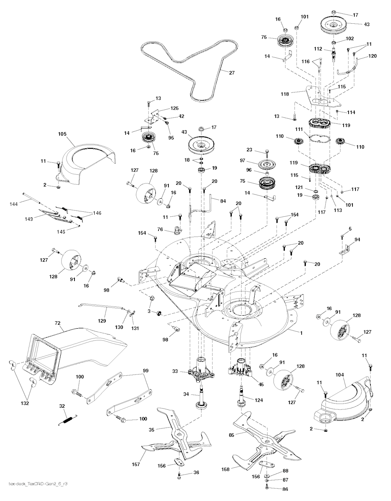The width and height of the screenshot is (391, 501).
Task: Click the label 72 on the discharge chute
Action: point(58,324)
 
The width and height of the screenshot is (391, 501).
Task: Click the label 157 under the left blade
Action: point(136,465)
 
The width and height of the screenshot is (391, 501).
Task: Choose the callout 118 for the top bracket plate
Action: point(295,93)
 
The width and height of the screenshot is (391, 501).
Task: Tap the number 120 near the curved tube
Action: point(372,56)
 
